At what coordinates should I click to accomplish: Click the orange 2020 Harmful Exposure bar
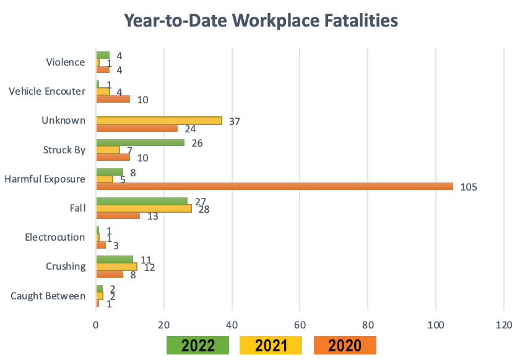coord(274,186)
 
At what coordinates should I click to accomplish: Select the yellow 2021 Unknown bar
coord(159,121)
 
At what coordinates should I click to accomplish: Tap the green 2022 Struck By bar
coord(141,143)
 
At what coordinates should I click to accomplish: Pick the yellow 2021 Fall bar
coord(144,208)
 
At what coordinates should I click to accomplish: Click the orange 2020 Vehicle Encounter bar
coord(113,99)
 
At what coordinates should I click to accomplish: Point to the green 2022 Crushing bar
coord(115,259)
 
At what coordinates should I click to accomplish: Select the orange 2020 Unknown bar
coord(137,128)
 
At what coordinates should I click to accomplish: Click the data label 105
coord(469,187)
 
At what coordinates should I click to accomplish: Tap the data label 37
coord(234,121)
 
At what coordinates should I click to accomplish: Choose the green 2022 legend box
coord(198,345)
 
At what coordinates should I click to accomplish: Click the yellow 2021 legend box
coord(271,345)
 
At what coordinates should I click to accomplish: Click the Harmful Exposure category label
coord(45,179)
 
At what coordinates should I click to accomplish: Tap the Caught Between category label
coord(48,296)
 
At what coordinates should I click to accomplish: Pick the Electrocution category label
coord(54,237)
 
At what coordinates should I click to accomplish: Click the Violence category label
coord(66,62)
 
